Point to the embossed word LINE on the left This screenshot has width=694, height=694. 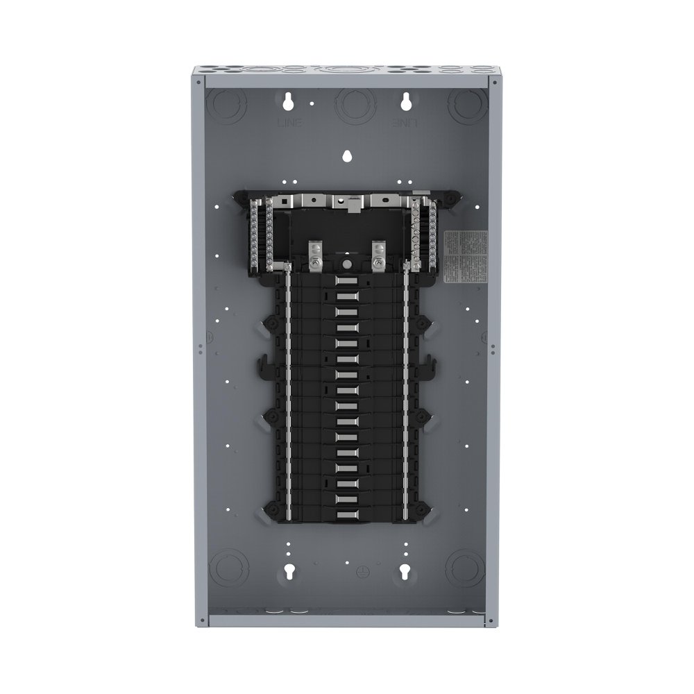coord(286,122)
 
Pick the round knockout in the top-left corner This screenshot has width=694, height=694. coord(227,105)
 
